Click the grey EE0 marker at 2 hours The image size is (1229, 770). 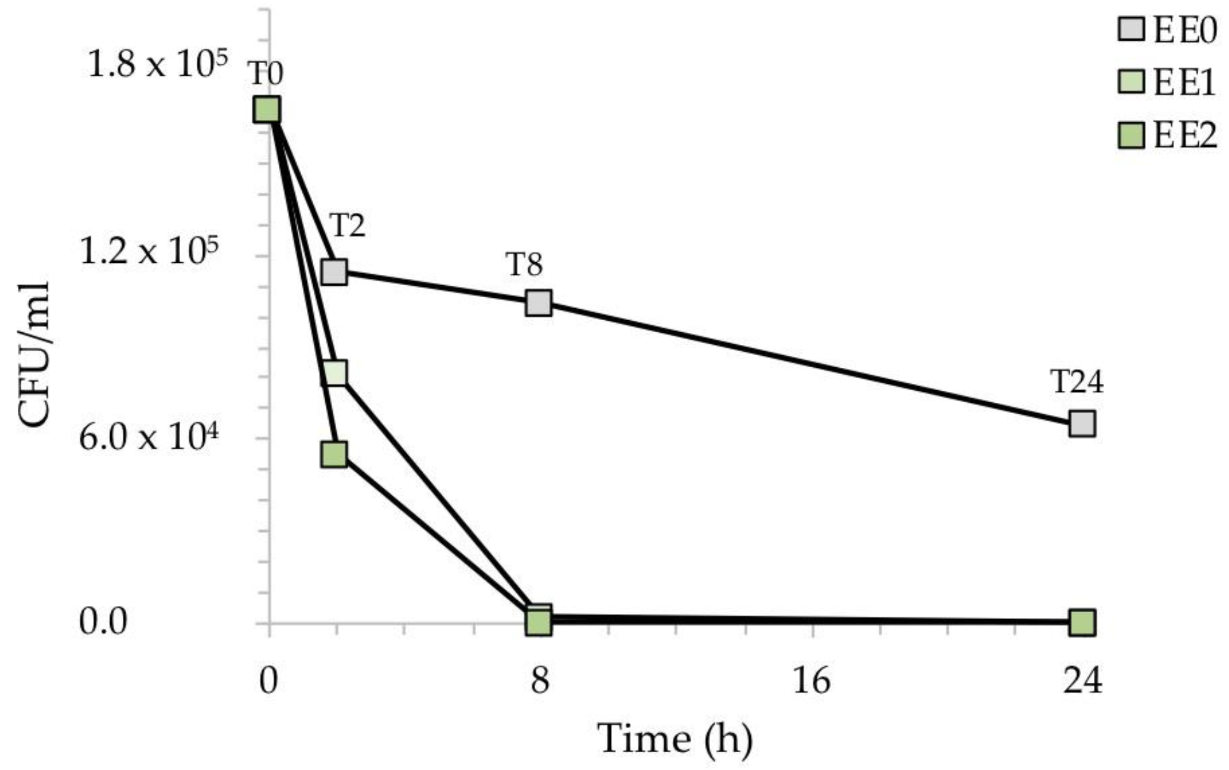(x=334, y=272)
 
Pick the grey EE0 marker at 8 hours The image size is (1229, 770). (x=539, y=303)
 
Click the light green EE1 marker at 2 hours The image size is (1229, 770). (x=334, y=372)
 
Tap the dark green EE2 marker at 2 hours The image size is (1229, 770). (x=334, y=454)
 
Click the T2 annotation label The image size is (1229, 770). (x=347, y=226)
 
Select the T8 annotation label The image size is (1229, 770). (x=525, y=264)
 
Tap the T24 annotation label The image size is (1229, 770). (x=1077, y=382)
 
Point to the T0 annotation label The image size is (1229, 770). (x=265, y=73)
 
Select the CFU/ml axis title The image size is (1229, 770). (x=34, y=355)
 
